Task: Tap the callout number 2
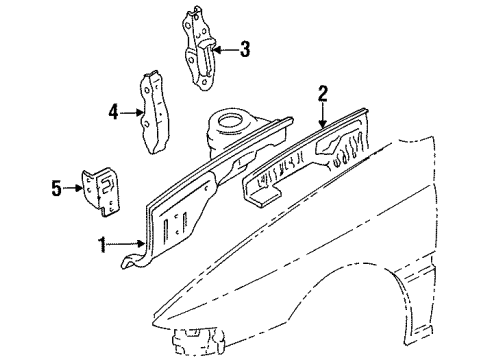(x=323, y=94)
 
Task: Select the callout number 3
(x=246, y=47)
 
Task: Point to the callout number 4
(x=113, y=113)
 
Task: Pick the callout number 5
(x=57, y=186)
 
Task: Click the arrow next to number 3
(x=226, y=47)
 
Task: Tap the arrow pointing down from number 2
(x=323, y=114)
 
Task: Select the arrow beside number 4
(x=132, y=113)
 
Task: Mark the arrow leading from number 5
(x=75, y=186)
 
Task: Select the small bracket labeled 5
(x=98, y=188)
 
